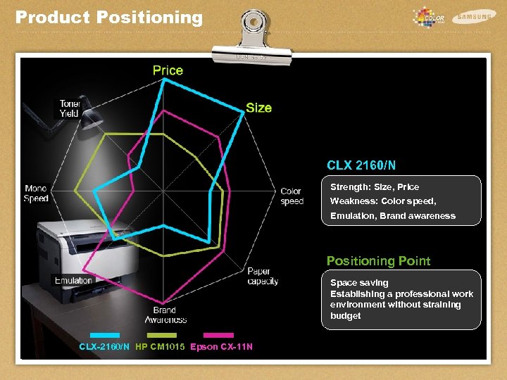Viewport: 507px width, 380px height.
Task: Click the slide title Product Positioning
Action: pos(108,18)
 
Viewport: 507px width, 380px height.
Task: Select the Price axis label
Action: pos(168,70)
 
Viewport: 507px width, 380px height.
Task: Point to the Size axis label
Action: pos(258,108)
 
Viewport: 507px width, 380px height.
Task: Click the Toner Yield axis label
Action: pos(70,108)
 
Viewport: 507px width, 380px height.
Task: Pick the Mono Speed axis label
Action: pos(36,194)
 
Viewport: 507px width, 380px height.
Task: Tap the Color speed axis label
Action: pos(292,196)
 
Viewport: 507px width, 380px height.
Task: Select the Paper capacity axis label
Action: pos(263,277)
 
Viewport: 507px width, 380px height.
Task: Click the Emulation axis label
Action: pos(73,281)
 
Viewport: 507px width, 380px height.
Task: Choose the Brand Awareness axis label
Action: pos(165,315)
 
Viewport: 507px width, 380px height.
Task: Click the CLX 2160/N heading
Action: pos(361,165)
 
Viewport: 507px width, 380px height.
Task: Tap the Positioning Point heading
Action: pos(378,261)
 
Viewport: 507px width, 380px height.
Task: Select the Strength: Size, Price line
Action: pos(375,187)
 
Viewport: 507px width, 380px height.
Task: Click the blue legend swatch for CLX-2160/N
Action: pos(104,335)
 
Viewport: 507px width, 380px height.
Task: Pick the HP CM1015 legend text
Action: pos(160,347)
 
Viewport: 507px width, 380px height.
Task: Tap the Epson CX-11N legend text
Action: pos(221,347)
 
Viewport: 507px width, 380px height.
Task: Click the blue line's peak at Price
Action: pos(165,79)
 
